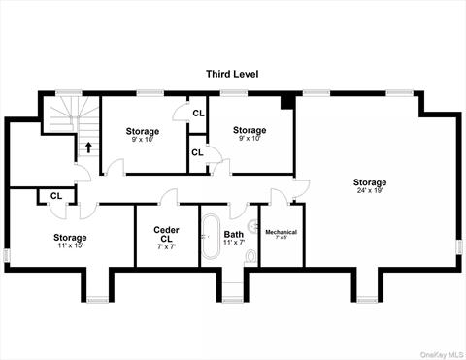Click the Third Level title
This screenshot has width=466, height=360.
click(234, 74)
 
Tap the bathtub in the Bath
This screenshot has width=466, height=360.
click(211, 242)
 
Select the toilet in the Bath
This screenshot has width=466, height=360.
click(251, 256)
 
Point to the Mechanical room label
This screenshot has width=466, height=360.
click(281, 232)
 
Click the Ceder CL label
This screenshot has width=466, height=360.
click(166, 235)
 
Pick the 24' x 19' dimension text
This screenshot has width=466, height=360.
click(370, 191)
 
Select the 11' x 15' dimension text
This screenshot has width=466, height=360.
click(70, 245)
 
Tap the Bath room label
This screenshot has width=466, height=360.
click(234, 234)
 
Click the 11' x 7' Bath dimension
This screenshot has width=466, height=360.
click(234, 243)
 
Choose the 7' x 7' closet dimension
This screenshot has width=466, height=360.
click(166, 247)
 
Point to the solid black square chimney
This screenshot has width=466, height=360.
click(286, 101)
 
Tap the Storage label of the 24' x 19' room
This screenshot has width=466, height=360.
click(370, 182)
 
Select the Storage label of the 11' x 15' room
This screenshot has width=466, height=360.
click(70, 237)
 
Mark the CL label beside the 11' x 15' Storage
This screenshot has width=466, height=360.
click(55, 195)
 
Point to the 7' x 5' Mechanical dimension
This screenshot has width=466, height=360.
click(281, 239)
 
